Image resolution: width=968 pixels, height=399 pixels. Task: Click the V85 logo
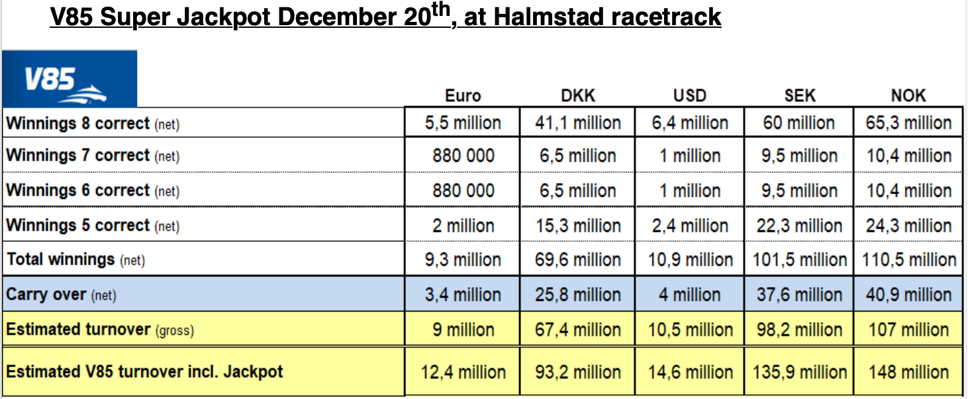[69, 79]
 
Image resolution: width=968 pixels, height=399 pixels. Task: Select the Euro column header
[463, 95]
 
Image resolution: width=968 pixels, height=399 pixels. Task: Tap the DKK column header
[578, 95]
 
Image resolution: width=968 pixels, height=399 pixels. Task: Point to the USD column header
[690, 95]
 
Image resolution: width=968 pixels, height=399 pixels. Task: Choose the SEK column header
[799, 95]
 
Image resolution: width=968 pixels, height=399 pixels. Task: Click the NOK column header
[908, 95]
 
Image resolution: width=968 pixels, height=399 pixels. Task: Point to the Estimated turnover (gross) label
[100, 329]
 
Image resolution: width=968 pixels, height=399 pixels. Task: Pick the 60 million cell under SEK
[799, 123]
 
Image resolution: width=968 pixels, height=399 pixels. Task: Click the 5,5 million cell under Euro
[463, 123]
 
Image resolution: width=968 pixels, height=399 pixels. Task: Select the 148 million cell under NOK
[908, 372]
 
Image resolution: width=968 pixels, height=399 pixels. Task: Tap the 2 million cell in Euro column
[463, 225]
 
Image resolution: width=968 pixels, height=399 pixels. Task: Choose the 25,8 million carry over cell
[578, 294]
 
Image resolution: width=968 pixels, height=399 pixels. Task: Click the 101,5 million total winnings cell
[799, 259]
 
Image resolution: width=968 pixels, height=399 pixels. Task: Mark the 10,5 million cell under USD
[690, 329]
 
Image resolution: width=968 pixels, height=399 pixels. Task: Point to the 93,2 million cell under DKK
[578, 372]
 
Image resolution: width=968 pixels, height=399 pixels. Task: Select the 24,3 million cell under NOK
[908, 225]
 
